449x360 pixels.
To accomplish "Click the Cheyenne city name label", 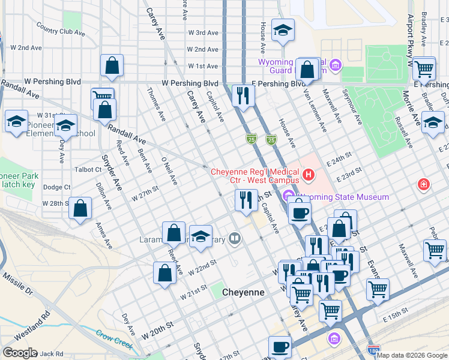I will tap(243, 292).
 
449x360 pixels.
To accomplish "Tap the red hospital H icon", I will tap(309, 175).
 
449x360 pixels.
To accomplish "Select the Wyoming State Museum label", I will tap(340, 197).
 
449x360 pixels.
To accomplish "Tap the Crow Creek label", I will tap(114, 340).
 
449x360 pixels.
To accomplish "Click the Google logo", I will tap(19, 353).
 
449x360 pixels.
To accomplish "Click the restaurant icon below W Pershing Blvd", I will tap(243, 96).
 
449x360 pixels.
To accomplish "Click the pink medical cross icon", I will tap(424, 184).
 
